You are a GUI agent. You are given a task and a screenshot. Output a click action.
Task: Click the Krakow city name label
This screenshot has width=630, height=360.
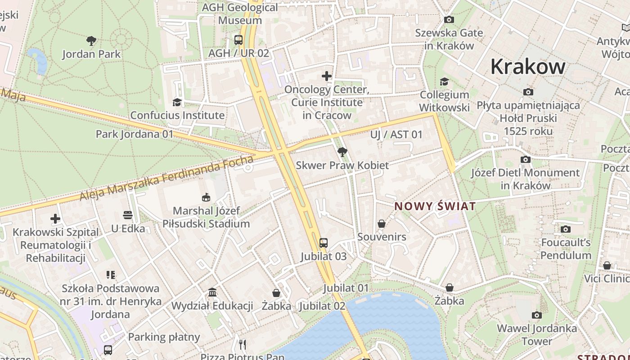coord(527,67)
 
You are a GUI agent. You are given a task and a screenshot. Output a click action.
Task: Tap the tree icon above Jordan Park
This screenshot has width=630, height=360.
coord(91,41)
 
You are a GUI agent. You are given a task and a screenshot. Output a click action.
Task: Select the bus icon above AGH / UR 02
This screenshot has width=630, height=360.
coord(238,40)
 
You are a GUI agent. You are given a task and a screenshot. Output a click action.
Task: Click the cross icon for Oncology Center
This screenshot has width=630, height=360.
coord(327,76)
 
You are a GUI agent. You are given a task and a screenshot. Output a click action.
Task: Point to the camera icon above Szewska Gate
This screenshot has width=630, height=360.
coord(449,19)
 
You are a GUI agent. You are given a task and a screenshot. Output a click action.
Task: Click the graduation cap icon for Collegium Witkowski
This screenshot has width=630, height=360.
coord(444,81)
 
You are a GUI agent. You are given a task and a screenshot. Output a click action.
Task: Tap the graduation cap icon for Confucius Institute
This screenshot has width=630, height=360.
coord(177,102)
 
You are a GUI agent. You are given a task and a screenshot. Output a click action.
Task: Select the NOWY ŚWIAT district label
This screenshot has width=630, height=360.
coord(435,207)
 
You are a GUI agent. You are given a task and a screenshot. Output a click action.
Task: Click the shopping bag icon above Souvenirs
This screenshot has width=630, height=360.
coord(382,224)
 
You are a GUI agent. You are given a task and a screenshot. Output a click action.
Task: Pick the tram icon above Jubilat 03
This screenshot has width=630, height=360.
coord(323,243)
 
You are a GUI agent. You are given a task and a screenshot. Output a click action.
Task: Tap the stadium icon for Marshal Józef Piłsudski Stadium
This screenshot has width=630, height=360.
coord(206,197)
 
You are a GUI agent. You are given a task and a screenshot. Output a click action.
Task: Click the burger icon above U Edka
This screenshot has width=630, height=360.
coord(128,215)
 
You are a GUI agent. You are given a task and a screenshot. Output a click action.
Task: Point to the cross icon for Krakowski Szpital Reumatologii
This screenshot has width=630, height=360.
coord(55,219)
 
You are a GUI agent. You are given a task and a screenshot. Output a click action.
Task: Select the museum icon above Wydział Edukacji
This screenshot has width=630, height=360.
coord(212,292)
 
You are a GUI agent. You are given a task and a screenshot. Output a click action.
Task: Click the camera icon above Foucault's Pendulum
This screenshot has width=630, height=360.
coord(566,229)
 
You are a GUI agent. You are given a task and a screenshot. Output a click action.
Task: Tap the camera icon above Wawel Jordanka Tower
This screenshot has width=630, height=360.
coord(536,315)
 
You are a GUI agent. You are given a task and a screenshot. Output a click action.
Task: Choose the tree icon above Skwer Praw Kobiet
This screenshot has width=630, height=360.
coord(342,152)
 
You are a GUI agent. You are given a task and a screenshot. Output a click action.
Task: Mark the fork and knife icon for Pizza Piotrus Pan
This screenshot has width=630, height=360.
coord(243,345)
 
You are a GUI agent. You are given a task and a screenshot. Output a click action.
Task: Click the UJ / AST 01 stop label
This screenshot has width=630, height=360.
coord(396,135)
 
